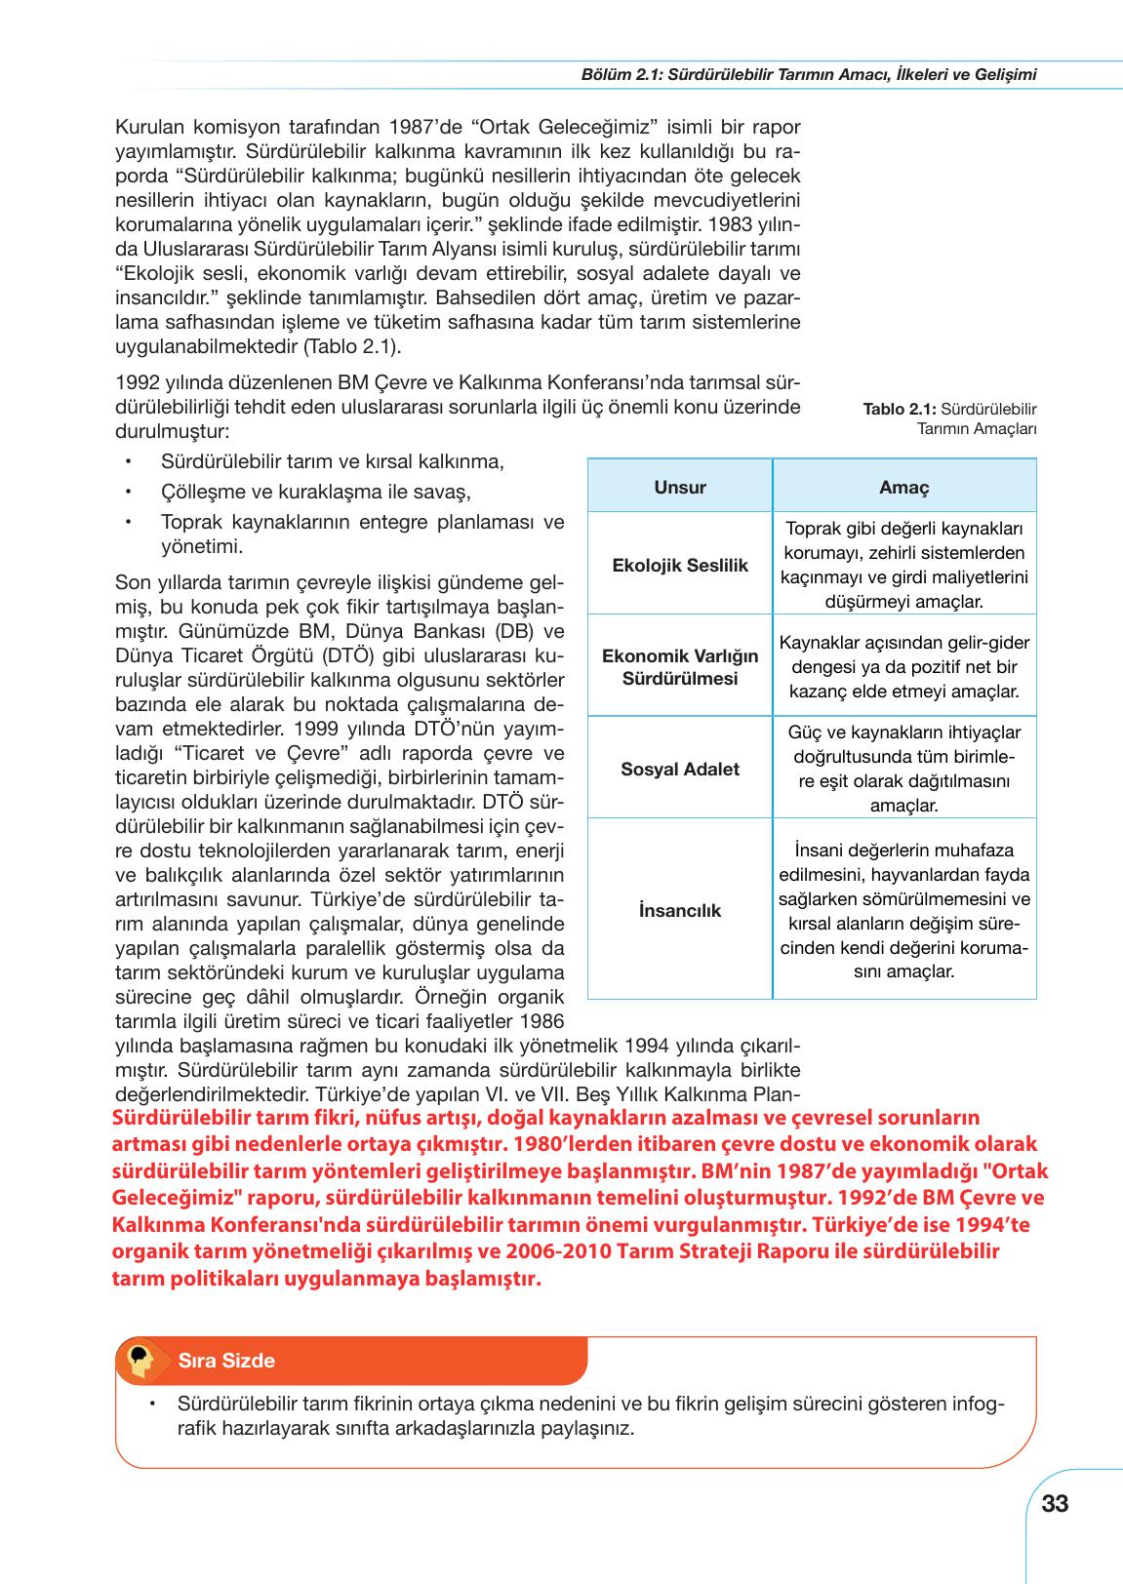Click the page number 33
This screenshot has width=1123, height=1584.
point(1055,1503)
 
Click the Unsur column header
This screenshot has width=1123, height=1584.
point(680,487)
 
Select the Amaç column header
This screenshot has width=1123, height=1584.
point(904,487)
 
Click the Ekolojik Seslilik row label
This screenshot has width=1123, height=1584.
point(680,565)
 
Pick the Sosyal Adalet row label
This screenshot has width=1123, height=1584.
point(680,769)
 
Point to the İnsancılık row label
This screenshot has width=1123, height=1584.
point(680,910)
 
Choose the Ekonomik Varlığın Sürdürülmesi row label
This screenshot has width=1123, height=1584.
point(680,666)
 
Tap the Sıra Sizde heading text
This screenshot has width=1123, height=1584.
point(226,1361)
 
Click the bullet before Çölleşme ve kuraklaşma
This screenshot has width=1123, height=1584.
point(128,492)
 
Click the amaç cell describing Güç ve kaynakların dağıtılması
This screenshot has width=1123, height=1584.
point(904,769)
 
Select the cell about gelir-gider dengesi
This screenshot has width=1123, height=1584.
point(904,667)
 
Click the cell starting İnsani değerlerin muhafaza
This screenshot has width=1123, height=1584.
point(904,910)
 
